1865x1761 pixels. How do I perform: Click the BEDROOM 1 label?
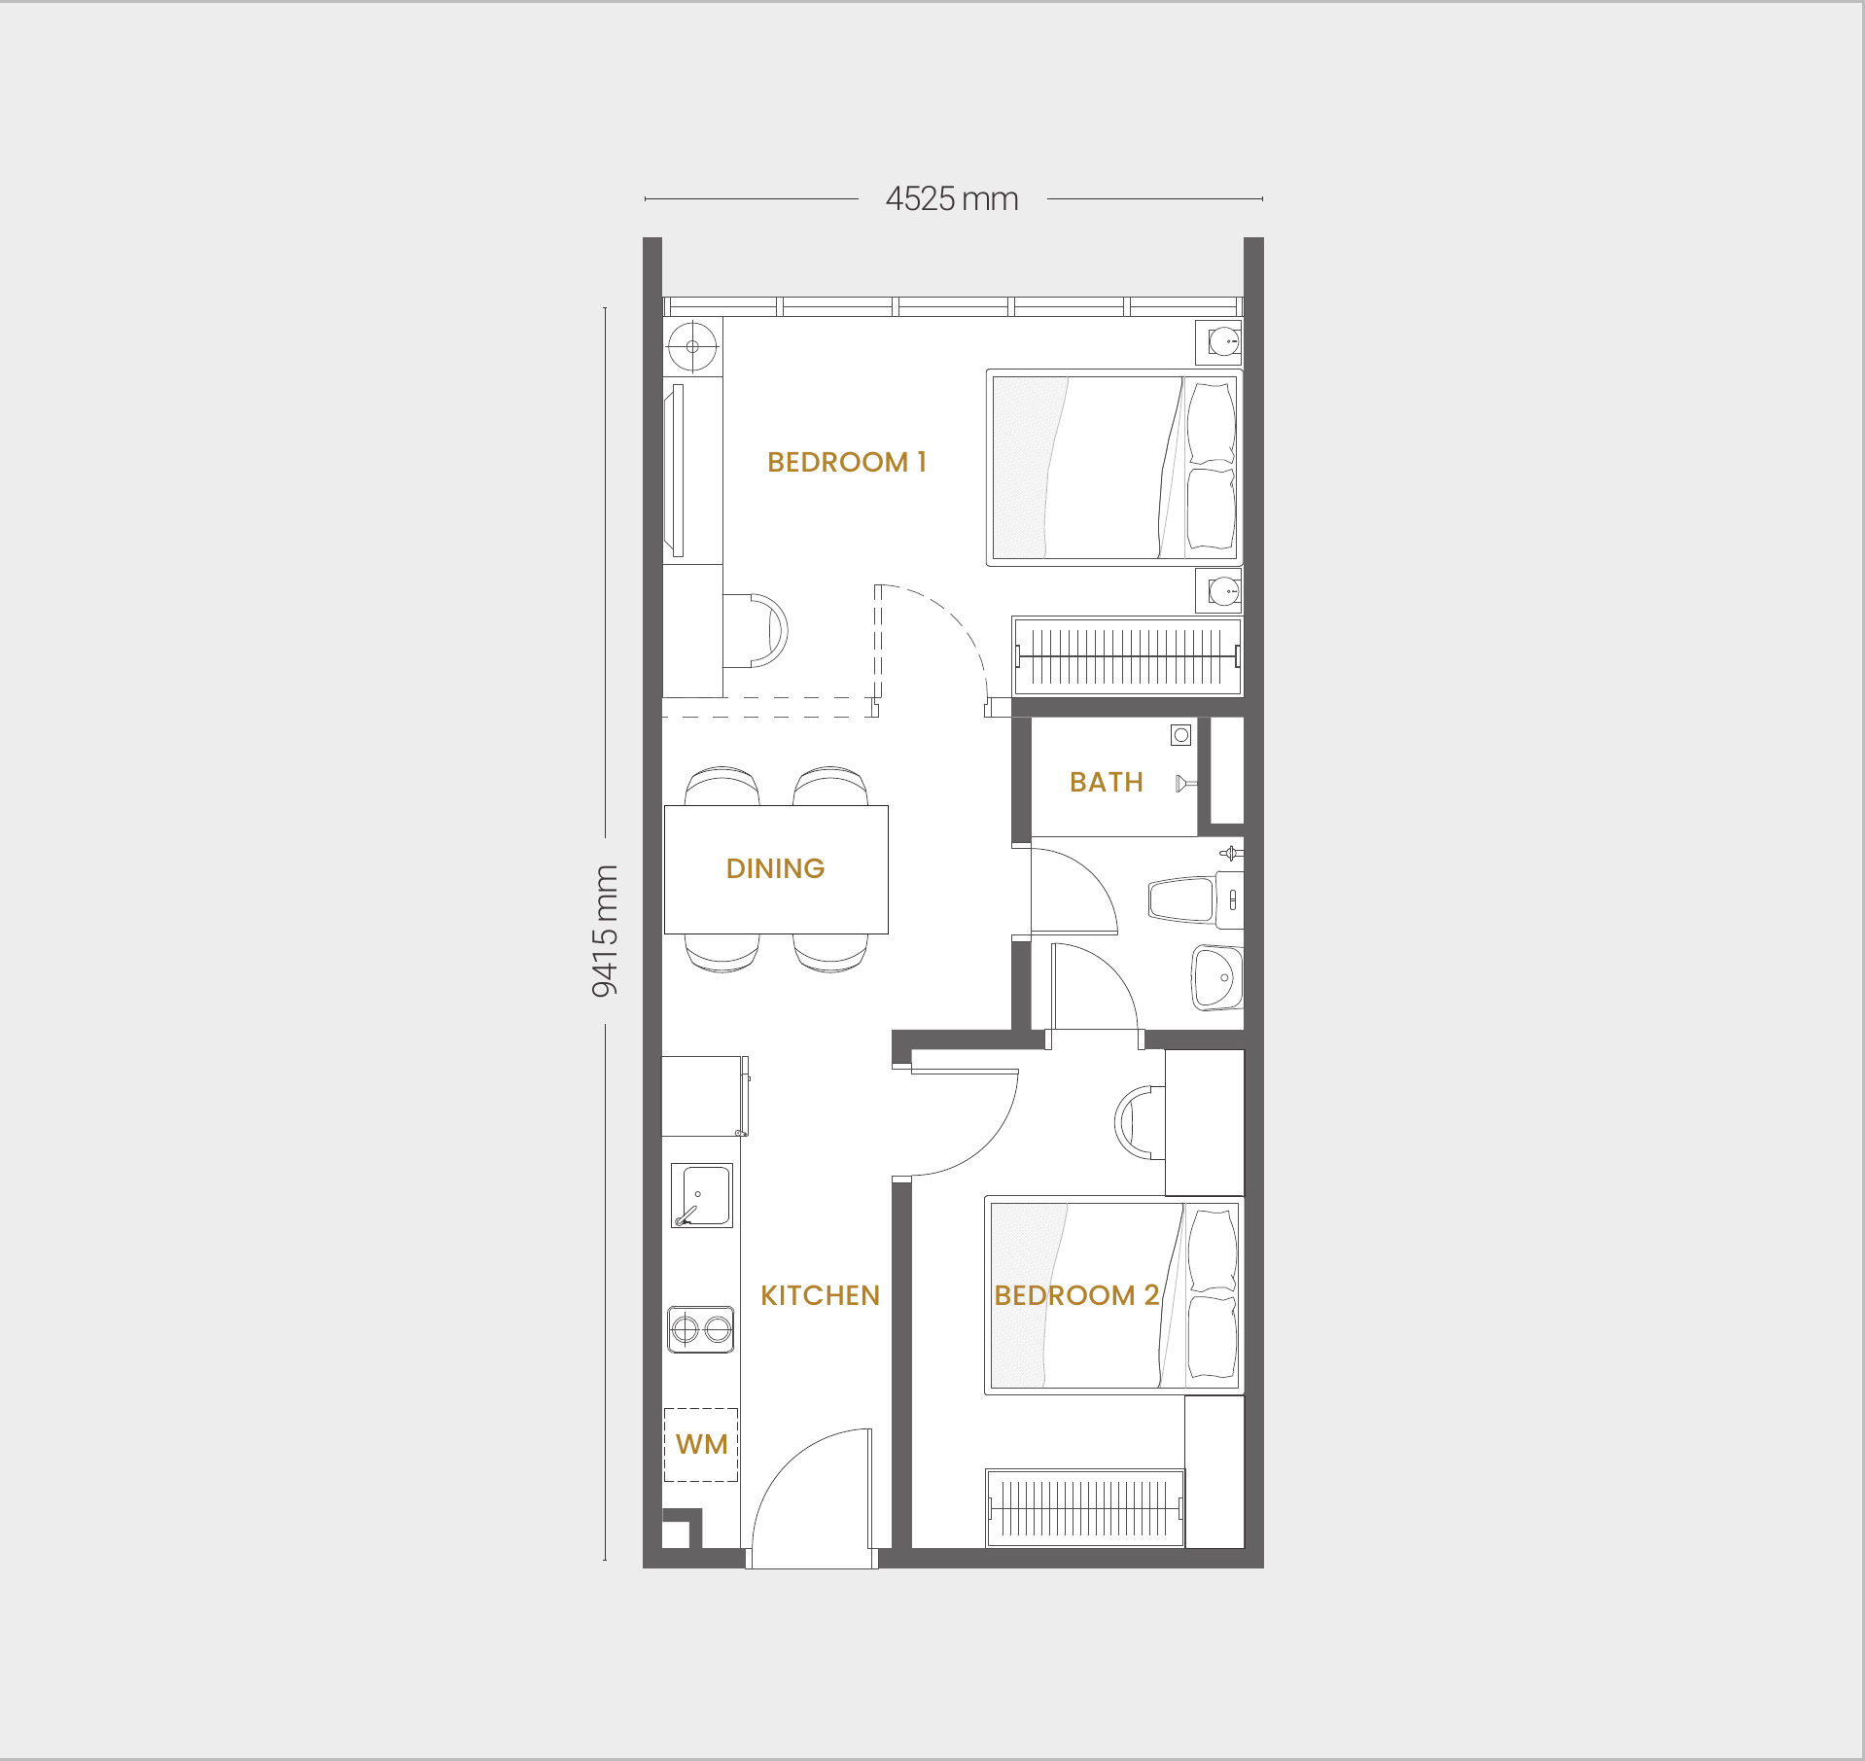[846, 462]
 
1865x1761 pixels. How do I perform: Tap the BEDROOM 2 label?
[1076, 1295]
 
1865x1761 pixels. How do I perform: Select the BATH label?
[1106, 782]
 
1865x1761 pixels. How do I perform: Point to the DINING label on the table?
[775, 868]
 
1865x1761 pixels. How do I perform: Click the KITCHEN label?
[820, 1295]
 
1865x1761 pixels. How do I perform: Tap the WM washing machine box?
[701, 1445]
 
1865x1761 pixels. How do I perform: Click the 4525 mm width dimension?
[952, 198]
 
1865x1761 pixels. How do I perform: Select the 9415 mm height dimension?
[604, 931]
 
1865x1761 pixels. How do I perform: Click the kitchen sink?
[702, 1195]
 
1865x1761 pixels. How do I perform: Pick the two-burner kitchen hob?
[701, 1329]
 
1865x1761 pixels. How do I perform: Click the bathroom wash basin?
[1217, 977]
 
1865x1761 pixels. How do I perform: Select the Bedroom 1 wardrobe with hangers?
[1127, 656]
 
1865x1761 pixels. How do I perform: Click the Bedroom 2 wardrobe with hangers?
[1085, 1508]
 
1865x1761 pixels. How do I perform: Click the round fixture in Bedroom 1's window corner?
[693, 346]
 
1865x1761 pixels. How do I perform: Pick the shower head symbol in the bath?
[1184, 783]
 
